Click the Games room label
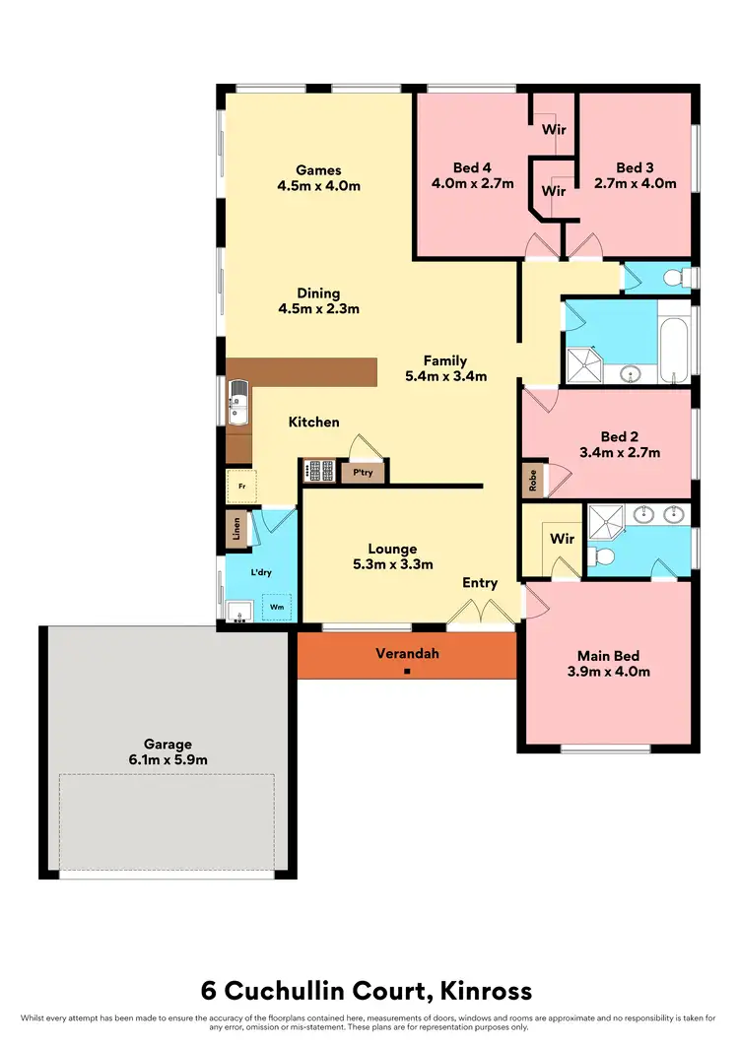pyautogui.click(x=317, y=170)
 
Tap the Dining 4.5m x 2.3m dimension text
pyautogui.click(x=318, y=308)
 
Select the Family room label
pyautogui.click(x=445, y=360)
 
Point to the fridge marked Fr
pyautogui.click(x=241, y=487)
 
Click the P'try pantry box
pyautogui.click(x=362, y=473)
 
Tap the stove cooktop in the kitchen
pyautogui.click(x=318, y=471)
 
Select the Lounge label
pyautogui.click(x=392, y=549)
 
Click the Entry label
pyautogui.click(x=480, y=583)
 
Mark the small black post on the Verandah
pyautogui.click(x=407, y=673)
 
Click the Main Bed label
pyautogui.click(x=608, y=656)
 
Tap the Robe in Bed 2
pyautogui.click(x=533, y=481)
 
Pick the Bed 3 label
pyautogui.click(x=635, y=167)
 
